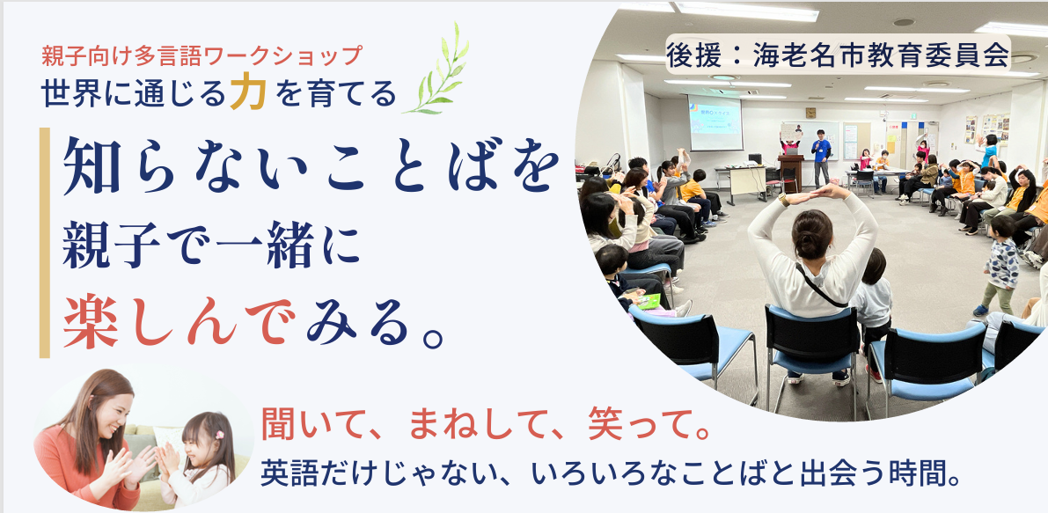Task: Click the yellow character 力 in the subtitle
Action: coord(248,93)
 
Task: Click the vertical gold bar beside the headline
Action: coord(45,243)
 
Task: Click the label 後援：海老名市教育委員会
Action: coord(838,55)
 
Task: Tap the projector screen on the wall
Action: coord(715,123)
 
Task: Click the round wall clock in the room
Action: coord(810,113)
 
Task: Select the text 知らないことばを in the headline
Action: coord(311,167)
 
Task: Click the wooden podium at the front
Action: coord(790,173)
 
